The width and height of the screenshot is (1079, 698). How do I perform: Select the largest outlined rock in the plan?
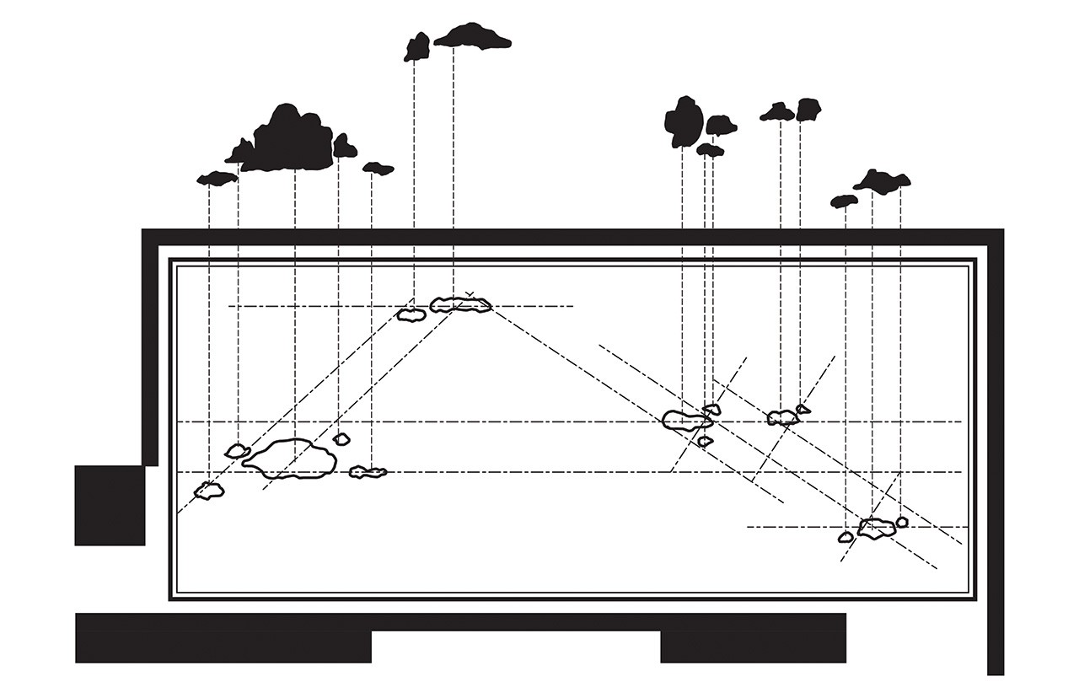click(x=289, y=459)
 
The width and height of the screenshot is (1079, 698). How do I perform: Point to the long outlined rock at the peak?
click(x=460, y=304)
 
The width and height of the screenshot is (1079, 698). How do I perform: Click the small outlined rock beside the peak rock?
click(x=411, y=314)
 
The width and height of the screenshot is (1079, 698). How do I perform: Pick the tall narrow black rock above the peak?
click(x=416, y=47)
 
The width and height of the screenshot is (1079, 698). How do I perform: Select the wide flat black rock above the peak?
click(x=473, y=36)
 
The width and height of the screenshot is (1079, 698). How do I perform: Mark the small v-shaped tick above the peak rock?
click(x=470, y=293)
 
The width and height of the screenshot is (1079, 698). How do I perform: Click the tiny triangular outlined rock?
click(x=803, y=410)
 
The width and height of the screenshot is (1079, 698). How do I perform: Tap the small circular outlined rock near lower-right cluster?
click(x=902, y=522)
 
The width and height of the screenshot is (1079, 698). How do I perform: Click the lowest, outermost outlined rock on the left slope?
click(x=209, y=490)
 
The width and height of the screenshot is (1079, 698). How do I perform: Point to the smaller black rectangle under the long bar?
click(x=753, y=647)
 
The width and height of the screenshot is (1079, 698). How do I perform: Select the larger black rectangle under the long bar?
click(x=223, y=647)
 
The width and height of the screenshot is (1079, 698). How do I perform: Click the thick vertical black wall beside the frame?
click(x=996, y=455)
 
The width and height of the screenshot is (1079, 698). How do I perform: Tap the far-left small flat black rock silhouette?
click(x=217, y=178)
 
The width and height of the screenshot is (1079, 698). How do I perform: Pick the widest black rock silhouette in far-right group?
click(x=882, y=181)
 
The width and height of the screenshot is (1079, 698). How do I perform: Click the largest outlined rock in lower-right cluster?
click(x=877, y=529)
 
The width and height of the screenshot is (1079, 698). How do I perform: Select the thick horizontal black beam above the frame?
click(x=573, y=237)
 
